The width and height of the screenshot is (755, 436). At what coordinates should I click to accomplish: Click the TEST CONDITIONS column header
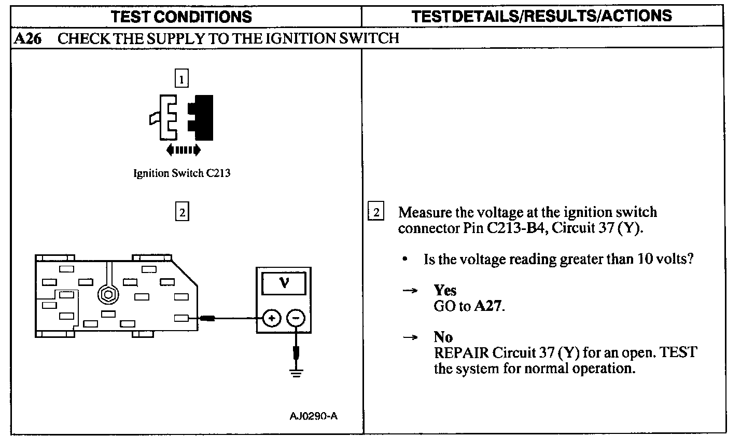click(x=181, y=17)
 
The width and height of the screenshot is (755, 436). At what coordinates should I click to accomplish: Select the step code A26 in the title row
click(x=28, y=38)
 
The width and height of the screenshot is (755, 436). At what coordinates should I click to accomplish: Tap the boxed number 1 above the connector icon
click(x=181, y=79)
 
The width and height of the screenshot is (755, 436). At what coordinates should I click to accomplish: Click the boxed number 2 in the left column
click(x=181, y=213)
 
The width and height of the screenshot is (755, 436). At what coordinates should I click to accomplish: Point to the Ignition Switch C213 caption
click(x=181, y=173)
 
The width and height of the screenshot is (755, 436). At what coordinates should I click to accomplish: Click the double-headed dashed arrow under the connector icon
click(x=183, y=151)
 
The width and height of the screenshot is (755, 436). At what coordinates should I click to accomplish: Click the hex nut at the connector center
click(x=108, y=294)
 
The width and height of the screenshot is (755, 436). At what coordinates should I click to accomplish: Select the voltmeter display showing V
click(x=283, y=283)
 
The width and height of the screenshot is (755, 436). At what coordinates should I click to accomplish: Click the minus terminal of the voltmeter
click(x=296, y=318)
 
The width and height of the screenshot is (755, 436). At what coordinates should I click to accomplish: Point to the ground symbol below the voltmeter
click(x=296, y=372)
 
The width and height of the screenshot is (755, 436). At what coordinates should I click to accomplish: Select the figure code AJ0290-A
click(x=314, y=416)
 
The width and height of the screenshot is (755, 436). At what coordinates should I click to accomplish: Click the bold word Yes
click(x=445, y=290)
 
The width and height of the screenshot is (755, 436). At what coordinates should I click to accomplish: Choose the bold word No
click(x=443, y=338)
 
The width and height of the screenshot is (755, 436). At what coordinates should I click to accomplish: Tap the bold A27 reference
click(x=488, y=306)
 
